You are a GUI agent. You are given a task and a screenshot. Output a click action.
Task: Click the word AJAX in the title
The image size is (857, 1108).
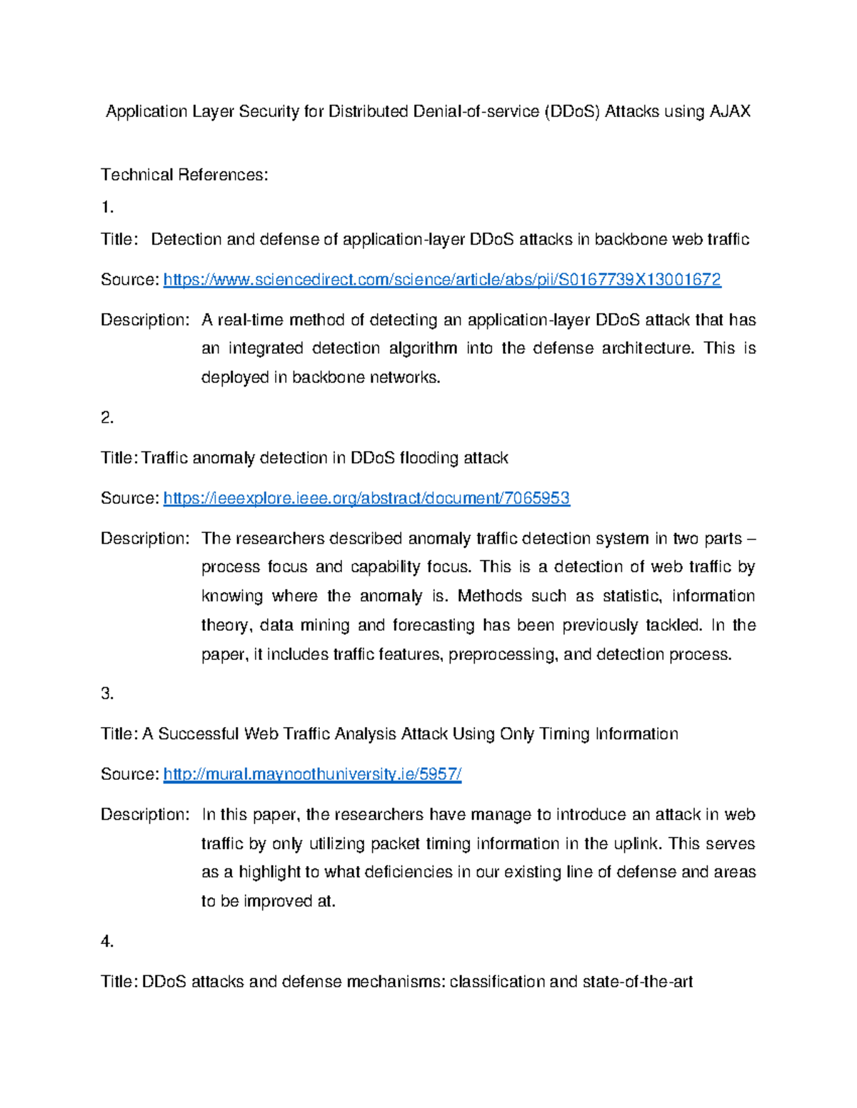click(729, 111)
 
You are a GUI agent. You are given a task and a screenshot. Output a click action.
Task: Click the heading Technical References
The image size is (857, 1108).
click(184, 175)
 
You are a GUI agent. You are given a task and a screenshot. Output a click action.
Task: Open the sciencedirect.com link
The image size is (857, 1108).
click(442, 280)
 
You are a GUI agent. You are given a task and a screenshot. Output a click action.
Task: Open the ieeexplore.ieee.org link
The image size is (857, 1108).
click(366, 498)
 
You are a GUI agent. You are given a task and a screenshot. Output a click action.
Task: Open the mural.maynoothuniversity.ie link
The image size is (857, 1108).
click(312, 774)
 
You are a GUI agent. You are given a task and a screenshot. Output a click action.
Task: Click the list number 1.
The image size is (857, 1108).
click(107, 208)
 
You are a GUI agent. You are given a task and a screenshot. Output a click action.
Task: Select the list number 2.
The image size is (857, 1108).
click(107, 417)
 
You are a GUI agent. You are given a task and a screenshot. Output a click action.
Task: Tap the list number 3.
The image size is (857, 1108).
click(107, 693)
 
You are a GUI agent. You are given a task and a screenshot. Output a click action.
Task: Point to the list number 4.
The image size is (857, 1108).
click(107, 942)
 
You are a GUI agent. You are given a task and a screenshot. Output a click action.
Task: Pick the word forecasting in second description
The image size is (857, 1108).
click(434, 626)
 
